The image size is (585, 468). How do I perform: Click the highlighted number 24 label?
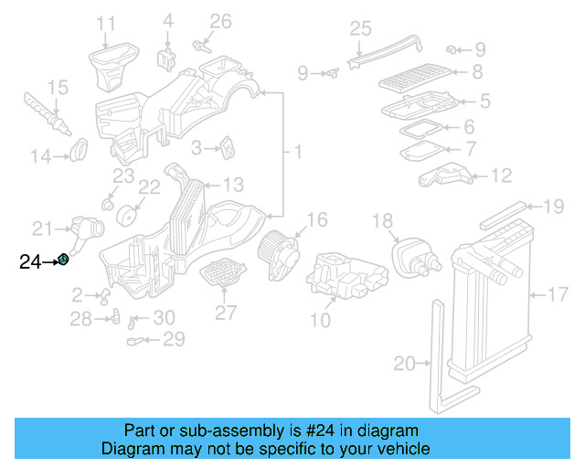[x=29, y=262]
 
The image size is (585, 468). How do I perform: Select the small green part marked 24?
[x=63, y=261]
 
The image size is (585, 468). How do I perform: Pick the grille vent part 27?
[x=224, y=273]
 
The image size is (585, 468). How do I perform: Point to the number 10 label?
[x=320, y=320]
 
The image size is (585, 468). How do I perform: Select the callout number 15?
[x=58, y=88]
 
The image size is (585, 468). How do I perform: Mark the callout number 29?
[x=173, y=340]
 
